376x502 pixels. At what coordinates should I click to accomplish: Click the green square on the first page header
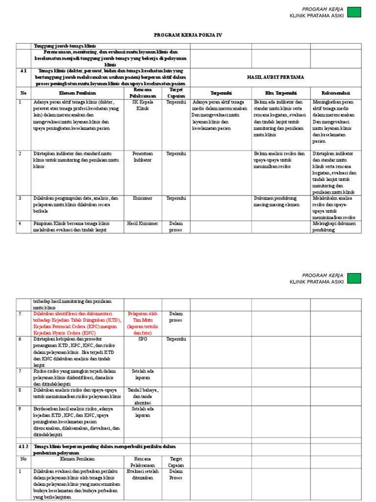[x=354, y=12]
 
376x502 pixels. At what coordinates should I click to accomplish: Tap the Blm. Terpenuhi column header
[x=281, y=93]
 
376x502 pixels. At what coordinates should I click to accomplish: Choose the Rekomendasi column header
[x=335, y=93]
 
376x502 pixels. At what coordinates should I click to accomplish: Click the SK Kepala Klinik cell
[x=142, y=105]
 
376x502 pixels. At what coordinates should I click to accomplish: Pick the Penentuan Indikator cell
[x=142, y=156]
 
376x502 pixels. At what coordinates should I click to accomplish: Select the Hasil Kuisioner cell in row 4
[x=142, y=224]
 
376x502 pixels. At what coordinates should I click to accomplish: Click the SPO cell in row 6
[x=142, y=339]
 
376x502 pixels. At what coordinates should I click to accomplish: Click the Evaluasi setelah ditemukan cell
[x=142, y=474]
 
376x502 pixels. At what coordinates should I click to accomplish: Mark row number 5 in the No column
[x=21, y=313]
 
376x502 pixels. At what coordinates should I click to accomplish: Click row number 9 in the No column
[x=21, y=408]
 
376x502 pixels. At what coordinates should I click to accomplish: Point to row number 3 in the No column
[x=21, y=198]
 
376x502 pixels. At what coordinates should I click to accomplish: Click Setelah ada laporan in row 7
[x=142, y=374]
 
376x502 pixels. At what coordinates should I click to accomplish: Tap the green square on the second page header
[x=354, y=278]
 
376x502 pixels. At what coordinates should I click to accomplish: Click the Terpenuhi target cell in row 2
[x=176, y=153]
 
